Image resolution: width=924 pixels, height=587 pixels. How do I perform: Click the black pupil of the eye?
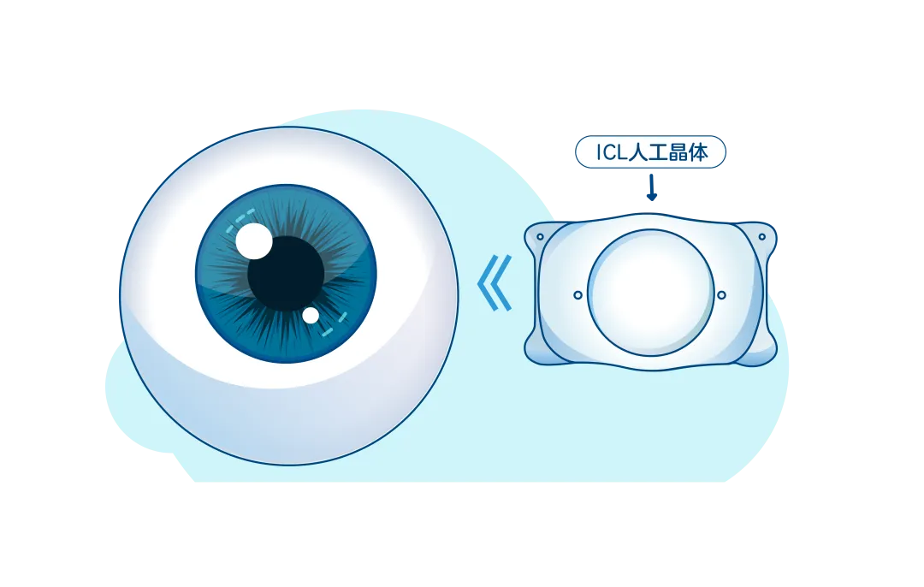tap(286, 274)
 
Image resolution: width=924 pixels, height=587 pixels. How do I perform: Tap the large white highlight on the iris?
tap(254, 241)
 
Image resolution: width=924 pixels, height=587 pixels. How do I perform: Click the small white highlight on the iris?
tap(311, 316)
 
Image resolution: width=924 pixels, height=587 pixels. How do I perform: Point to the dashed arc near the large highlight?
tap(238, 219)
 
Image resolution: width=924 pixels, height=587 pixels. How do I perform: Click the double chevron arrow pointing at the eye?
tap(495, 283)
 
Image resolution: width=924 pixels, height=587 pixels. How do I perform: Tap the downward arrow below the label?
tap(652, 187)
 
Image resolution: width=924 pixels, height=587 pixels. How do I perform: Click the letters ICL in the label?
tap(612, 152)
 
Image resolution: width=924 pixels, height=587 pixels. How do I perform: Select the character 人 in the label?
tap(638, 152)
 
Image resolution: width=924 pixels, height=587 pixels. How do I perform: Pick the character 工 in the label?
tap(658, 152)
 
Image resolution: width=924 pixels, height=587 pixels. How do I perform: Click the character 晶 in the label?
tap(678, 152)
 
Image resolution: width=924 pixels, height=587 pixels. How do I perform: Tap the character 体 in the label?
tap(698, 152)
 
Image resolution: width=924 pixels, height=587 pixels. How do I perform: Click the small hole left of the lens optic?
tap(578, 294)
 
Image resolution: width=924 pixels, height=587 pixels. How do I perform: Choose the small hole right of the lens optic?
tap(722, 294)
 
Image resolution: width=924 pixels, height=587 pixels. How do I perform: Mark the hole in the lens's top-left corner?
tap(540, 237)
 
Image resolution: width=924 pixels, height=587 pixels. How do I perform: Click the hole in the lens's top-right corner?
tap(762, 237)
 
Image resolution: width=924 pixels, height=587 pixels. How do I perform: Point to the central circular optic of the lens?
tap(650, 293)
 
